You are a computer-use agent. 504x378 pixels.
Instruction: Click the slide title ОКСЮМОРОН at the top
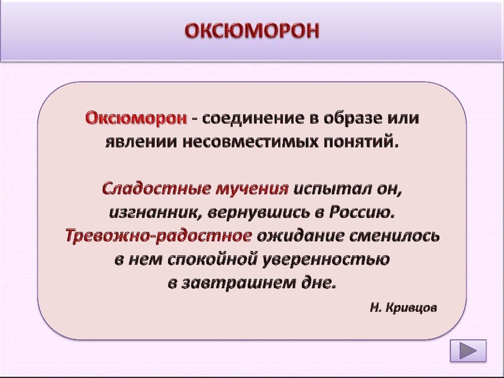pyautogui.click(x=252, y=30)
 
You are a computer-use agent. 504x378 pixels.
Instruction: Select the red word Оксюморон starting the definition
pyautogui.click(x=136, y=118)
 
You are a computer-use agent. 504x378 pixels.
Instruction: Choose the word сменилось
pyautogui.click(x=396, y=236)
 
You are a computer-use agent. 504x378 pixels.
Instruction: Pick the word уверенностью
pyautogui.click(x=328, y=259)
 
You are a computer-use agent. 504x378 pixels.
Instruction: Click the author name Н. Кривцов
pyautogui.click(x=403, y=309)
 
